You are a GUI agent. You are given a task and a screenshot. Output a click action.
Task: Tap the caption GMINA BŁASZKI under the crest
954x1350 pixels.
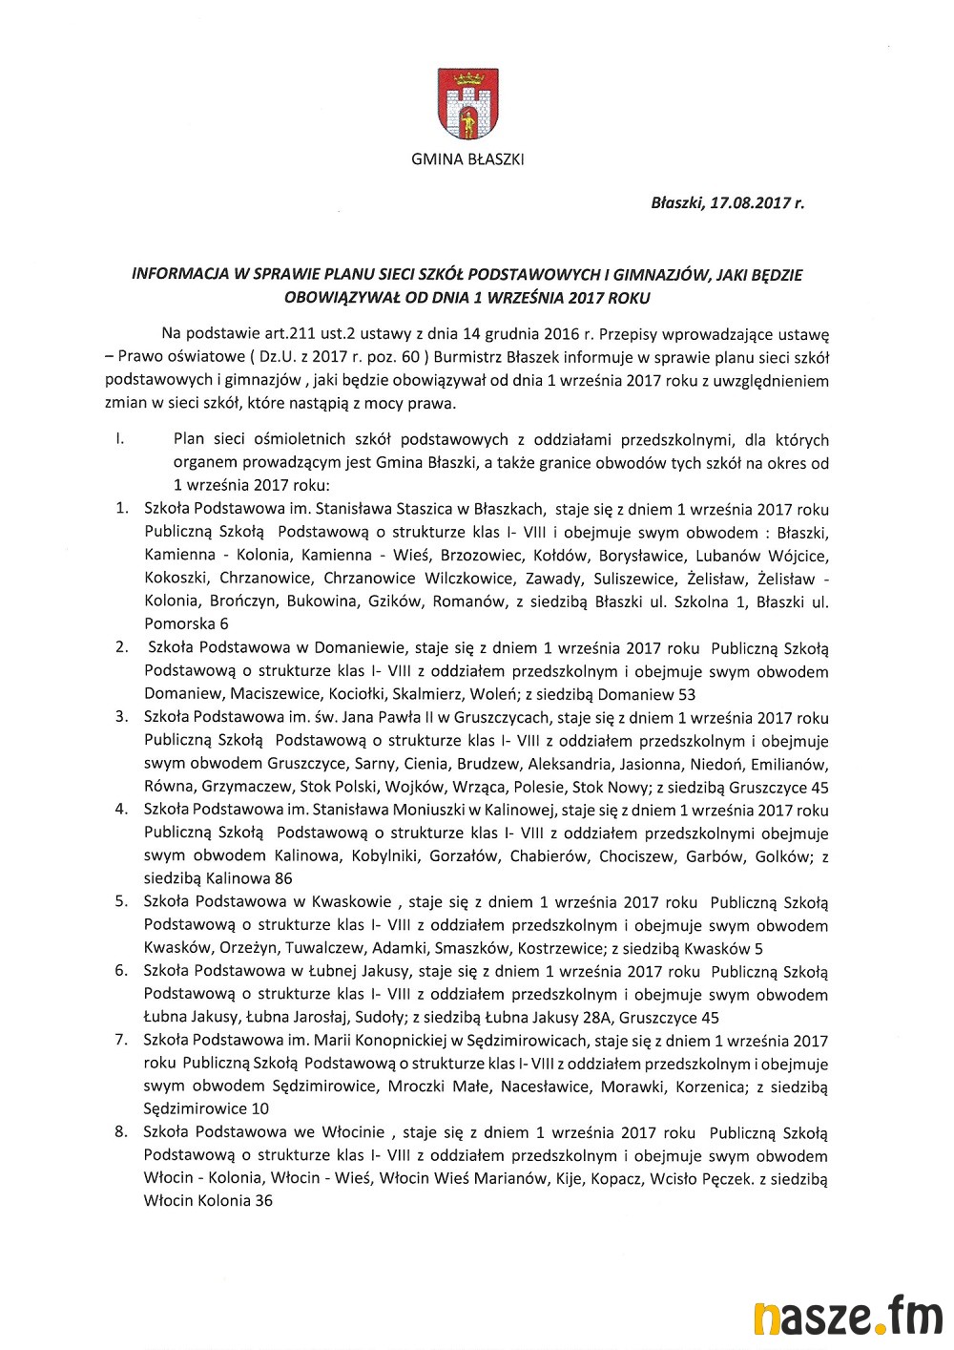467,159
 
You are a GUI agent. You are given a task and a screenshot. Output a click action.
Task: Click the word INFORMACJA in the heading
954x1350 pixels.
178,275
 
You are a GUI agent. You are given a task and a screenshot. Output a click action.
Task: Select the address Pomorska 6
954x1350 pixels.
187,624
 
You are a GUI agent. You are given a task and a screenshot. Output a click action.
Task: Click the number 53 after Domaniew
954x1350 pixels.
686,694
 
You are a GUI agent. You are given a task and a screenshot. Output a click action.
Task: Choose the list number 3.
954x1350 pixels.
121,717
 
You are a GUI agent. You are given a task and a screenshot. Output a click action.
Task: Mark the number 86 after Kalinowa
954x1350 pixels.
282,878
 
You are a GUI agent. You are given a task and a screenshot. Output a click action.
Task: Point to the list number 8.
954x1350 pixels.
121,1132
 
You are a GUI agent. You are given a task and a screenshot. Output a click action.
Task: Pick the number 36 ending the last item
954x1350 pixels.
263,1201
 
